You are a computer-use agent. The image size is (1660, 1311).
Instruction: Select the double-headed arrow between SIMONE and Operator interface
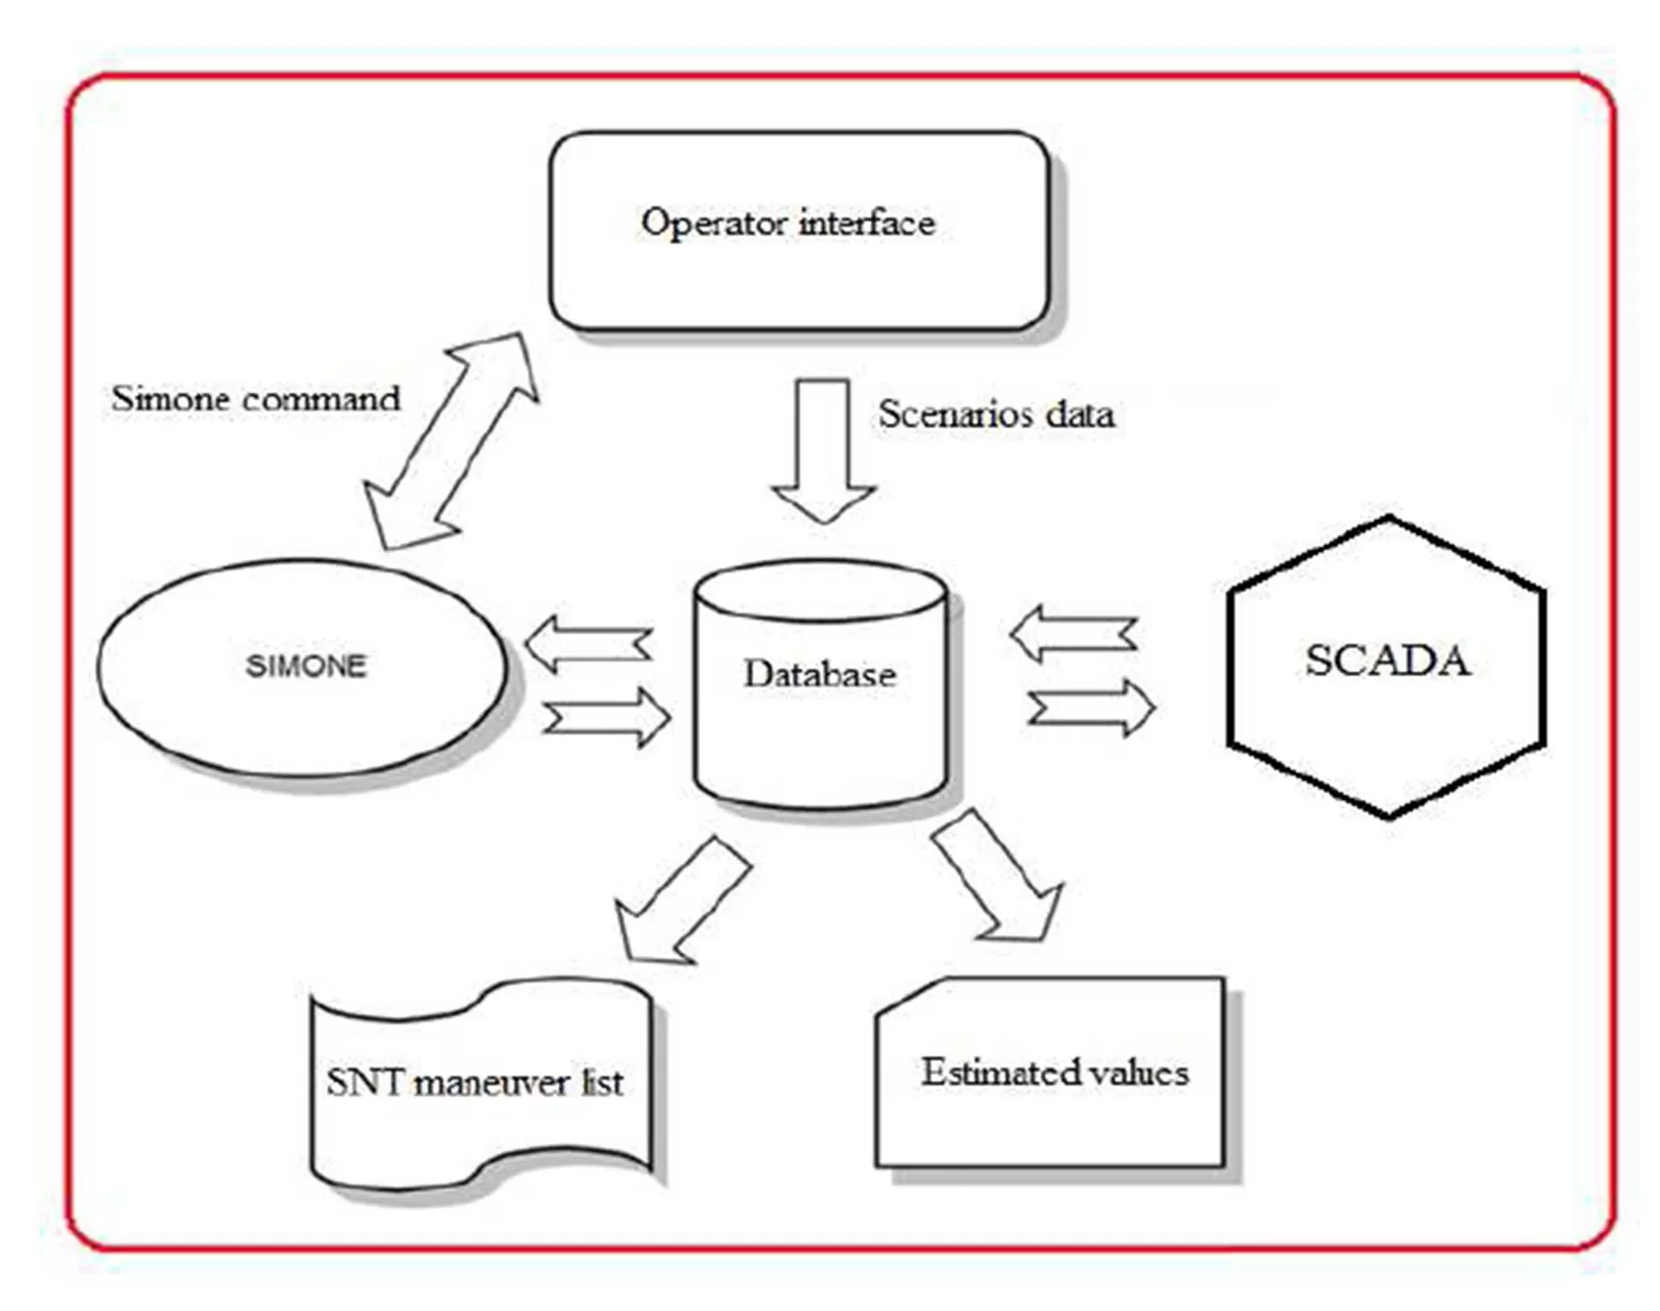451,441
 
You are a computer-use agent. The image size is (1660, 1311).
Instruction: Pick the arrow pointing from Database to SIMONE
588,643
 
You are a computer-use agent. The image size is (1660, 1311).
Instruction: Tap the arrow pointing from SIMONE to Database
607,716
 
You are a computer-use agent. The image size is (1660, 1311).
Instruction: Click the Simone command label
255,399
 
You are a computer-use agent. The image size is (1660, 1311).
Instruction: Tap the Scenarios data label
996,414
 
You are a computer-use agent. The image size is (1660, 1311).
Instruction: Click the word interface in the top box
866,223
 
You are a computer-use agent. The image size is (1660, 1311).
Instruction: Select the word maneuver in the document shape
492,1083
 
